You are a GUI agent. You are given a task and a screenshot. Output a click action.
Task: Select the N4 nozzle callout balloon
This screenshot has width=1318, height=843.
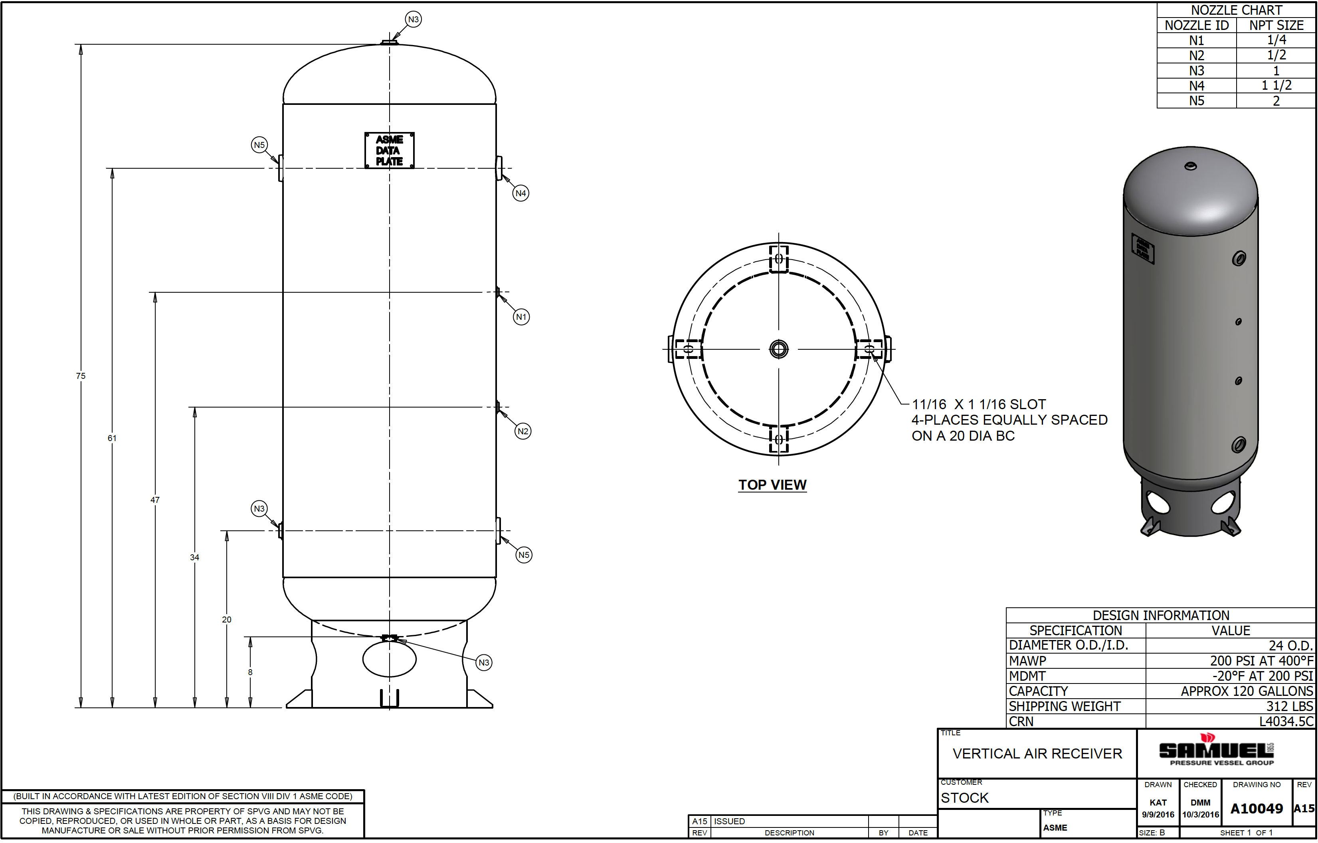(520, 193)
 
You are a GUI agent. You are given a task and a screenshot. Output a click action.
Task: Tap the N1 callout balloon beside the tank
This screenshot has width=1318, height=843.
(521, 317)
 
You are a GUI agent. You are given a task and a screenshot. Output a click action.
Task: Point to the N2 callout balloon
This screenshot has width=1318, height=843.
(522, 431)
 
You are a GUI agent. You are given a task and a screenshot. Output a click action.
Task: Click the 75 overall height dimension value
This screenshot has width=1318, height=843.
(81, 376)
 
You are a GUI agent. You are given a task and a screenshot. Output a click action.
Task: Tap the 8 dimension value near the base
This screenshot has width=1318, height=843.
(250, 673)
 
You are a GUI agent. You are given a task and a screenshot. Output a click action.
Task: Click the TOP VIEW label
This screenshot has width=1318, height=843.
(772, 485)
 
